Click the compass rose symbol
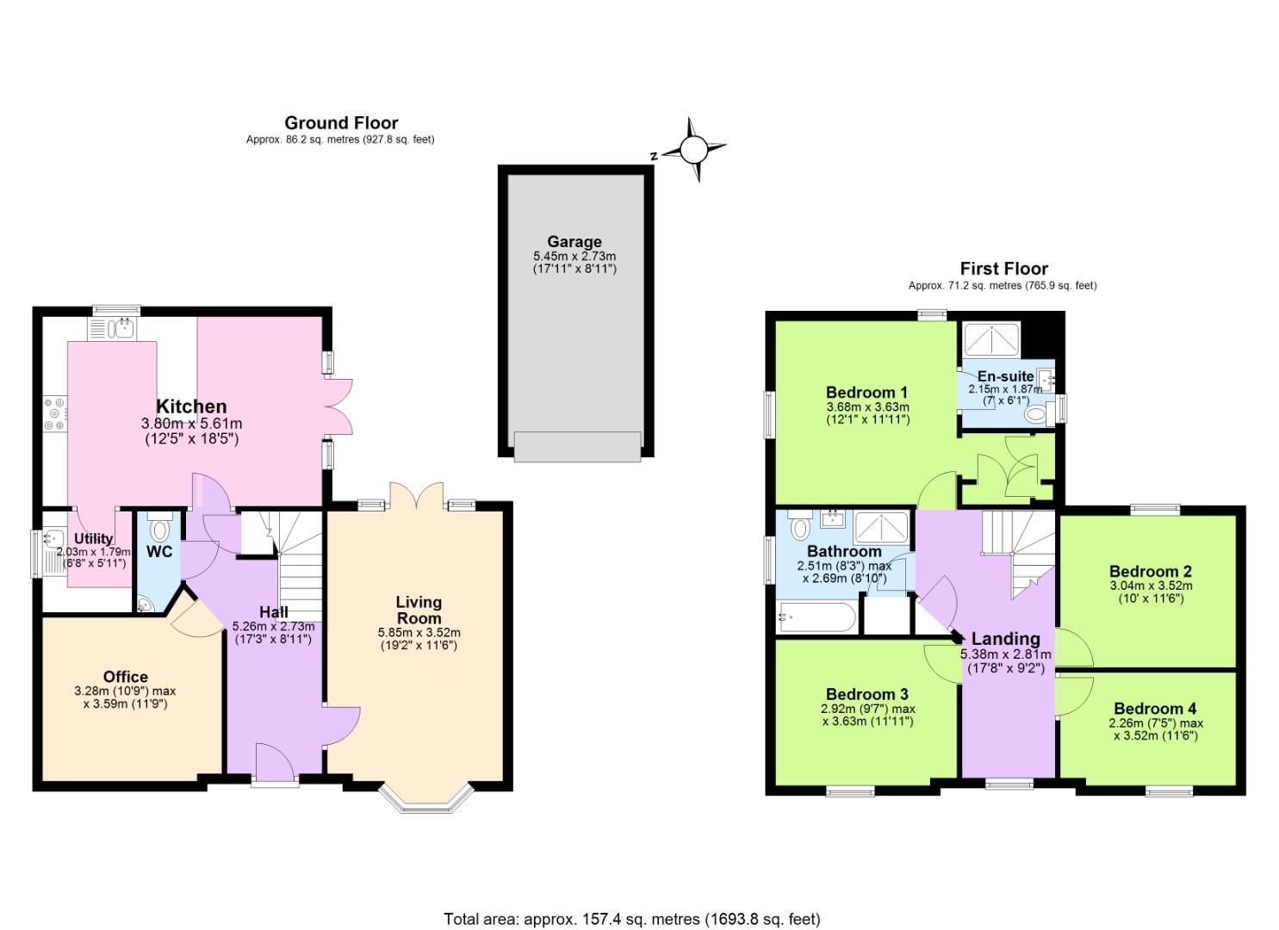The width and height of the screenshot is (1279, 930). pyautogui.click(x=694, y=150)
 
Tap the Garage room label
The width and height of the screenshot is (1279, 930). pyautogui.click(x=574, y=242)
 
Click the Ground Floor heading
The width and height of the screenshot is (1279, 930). pyautogui.click(x=341, y=123)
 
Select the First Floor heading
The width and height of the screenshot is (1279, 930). pyautogui.click(x=1003, y=269)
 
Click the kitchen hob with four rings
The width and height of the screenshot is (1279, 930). pyautogui.click(x=54, y=412)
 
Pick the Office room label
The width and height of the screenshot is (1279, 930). pyautogui.click(x=126, y=677)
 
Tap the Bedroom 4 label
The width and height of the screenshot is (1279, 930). pyautogui.click(x=1155, y=709)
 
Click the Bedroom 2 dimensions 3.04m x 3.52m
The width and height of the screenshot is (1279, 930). pyautogui.click(x=1151, y=586)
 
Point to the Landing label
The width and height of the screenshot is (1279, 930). pyautogui.click(x=1005, y=639)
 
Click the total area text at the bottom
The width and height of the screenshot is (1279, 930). pyautogui.click(x=632, y=919)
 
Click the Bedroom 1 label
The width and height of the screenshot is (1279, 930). pyautogui.click(x=866, y=393)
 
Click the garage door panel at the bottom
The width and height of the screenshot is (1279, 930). pyautogui.click(x=577, y=446)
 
